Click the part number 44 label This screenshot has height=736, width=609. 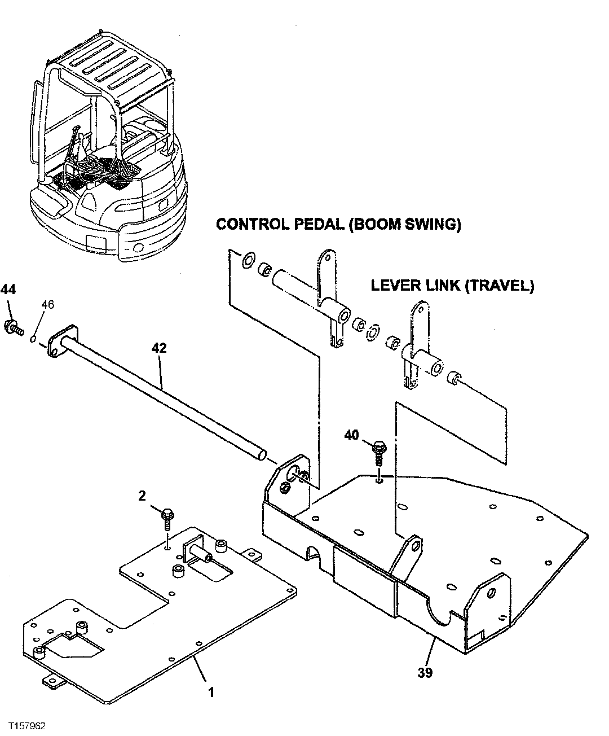point(8,290)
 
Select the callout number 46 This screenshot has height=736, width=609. point(47,305)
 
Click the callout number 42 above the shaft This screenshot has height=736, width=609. point(159,348)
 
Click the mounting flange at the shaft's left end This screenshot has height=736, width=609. point(61,341)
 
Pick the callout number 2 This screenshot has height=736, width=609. point(142,496)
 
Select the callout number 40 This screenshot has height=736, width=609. point(351,435)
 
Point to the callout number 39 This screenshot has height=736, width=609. point(426,673)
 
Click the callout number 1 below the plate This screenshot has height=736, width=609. point(211,692)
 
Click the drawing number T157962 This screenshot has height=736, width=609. point(24,725)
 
